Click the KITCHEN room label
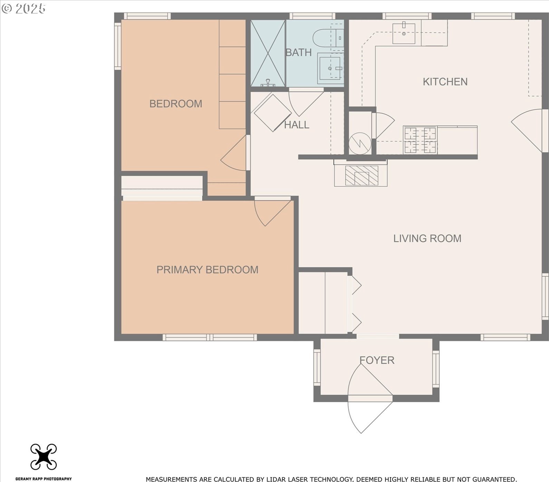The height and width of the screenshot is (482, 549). point(445,82)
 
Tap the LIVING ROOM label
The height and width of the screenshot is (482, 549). point(427,238)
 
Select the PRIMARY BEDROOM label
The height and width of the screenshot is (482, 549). point(207,270)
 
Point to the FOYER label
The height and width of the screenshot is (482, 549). point(377,360)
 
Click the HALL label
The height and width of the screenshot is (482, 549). point(297,125)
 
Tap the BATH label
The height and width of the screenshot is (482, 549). point(299,52)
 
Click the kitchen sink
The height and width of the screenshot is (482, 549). point(404,33)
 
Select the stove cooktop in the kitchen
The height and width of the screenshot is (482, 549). point(420,140)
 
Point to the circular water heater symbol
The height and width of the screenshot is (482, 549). point(360,142)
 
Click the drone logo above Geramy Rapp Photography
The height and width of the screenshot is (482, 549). point(44,456)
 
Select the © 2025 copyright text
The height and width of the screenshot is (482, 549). point(23,9)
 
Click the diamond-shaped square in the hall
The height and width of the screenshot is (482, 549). point(273,113)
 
